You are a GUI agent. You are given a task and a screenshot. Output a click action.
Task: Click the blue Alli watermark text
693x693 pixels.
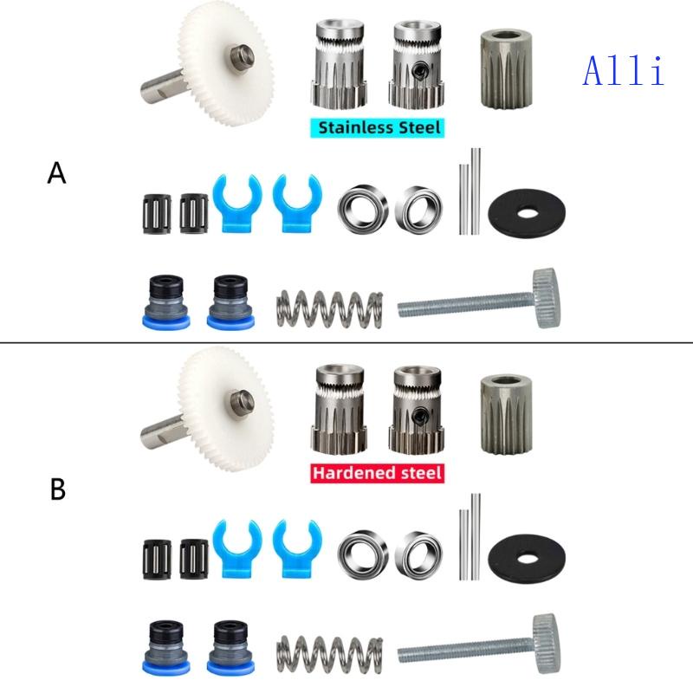[624, 71]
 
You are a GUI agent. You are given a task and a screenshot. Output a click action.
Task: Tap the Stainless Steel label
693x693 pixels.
[378, 127]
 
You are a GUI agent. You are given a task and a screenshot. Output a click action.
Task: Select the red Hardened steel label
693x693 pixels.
[377, 473]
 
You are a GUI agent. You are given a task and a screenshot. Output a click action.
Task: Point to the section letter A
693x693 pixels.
[56, 172]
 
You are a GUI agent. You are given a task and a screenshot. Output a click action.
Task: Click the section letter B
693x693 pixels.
[58, 489]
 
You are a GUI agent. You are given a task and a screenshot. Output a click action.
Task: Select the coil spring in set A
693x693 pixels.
[329, 308]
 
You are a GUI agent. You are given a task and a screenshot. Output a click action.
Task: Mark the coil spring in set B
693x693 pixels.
[329, 654]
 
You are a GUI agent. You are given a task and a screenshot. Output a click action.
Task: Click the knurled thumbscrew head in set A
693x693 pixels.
[547, 298]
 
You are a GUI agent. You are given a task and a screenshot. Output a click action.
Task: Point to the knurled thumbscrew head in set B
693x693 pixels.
[547, 643]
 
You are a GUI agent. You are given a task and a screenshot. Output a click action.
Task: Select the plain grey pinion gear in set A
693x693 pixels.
[506, 69]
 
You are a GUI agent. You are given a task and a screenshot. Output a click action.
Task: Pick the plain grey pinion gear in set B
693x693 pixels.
[506, 414]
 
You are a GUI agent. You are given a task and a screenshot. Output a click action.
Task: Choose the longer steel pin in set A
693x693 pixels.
[476, 191]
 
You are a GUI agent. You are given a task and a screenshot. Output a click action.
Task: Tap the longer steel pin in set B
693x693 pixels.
[476, 536]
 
